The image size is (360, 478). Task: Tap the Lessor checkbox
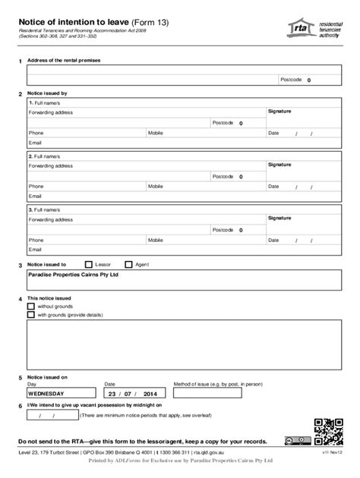pos(88,264)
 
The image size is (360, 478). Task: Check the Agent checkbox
pos(128,264)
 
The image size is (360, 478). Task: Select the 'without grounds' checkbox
pos(31,306)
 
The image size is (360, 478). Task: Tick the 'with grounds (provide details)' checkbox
pos(31,314)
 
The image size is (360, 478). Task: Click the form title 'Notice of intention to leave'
pos(74,22)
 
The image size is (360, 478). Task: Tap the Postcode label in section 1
pos(291,79)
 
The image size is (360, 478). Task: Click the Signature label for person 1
pos(279,111)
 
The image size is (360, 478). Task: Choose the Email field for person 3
pos(144,248)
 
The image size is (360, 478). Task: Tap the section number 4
pos(19,298)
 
